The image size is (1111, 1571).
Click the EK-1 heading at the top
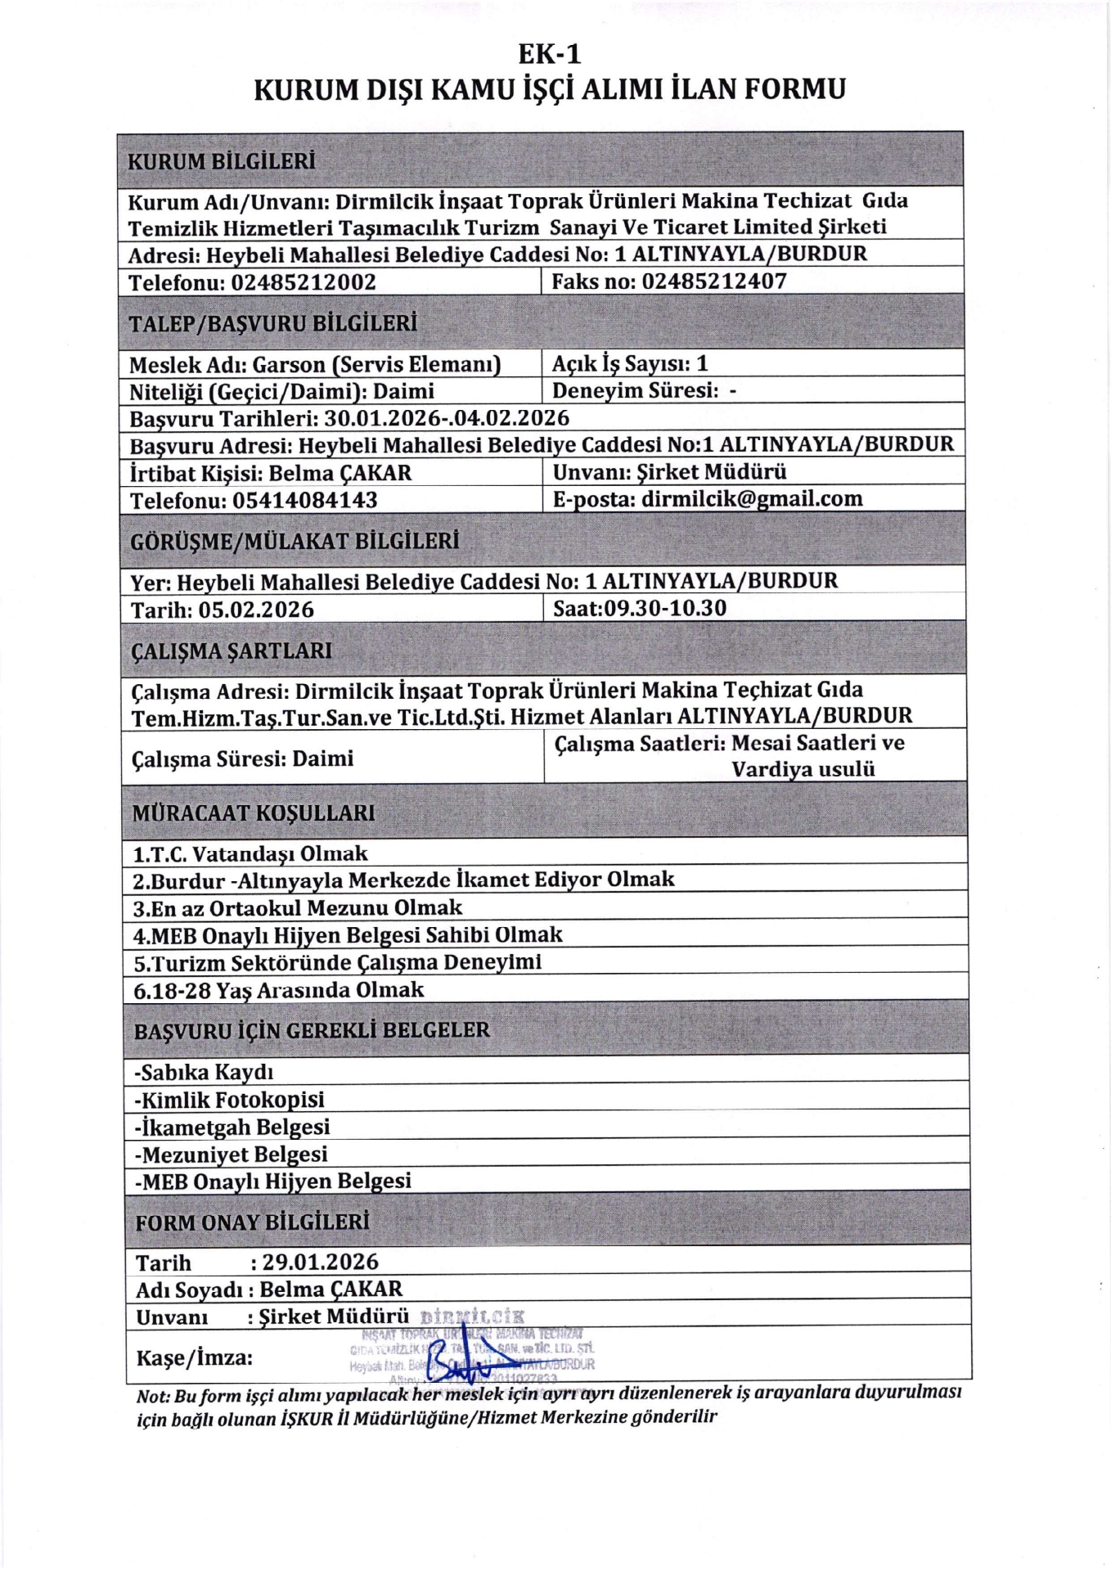[550, 54]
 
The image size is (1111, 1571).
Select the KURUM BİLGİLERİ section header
[221, 161]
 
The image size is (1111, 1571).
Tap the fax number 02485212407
[713, 281]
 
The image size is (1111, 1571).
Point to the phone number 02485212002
[304, 282]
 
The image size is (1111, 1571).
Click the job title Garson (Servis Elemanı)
[376, 364]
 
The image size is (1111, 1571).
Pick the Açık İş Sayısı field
[629, 363]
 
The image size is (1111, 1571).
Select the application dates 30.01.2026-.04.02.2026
[447, 418]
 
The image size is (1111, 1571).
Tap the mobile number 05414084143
[305, 500]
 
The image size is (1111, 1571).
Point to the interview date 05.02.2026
[256, 610]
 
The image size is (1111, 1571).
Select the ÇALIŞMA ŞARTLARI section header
[232, 651]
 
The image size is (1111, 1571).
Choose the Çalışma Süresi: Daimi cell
[242, 758]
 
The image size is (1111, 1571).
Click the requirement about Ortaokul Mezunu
[298, 908]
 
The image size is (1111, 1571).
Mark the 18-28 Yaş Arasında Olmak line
[279, 990]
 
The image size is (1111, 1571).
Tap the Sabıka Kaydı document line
[205, 1072]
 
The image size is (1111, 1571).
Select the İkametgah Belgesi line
[232, 1127]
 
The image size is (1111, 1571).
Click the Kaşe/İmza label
[194, 1358]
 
